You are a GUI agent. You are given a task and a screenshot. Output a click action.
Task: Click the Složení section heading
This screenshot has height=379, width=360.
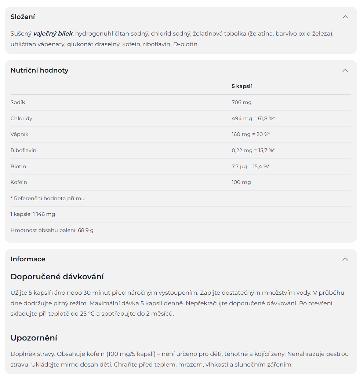click(23, 17)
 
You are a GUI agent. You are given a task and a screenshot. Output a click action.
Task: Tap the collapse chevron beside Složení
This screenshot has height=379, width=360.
click(345, 17)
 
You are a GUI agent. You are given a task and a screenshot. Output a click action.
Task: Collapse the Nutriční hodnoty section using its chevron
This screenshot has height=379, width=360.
click(345, 70)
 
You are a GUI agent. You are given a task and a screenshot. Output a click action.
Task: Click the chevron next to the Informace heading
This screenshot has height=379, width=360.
click(345, 259)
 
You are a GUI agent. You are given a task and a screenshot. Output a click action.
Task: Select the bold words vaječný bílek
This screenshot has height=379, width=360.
click(53, 34)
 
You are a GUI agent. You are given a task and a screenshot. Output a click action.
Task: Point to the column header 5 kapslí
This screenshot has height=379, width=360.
click(241, 87)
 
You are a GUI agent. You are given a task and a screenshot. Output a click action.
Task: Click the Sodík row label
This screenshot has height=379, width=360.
click(18, 102)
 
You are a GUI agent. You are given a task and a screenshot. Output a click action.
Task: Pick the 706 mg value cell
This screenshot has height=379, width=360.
click(241, 102)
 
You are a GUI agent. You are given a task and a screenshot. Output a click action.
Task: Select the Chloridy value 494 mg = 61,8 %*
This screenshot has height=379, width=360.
click(253, 118)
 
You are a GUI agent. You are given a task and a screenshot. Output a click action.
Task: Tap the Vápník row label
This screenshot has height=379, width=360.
click(19, 134)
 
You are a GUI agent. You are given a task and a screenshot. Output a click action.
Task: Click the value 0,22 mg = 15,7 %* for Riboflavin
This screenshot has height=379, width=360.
click(253, 150)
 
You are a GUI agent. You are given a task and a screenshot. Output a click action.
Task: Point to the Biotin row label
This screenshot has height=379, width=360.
click(18, 166)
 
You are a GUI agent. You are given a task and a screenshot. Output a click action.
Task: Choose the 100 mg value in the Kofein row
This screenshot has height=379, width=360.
click(241, 182)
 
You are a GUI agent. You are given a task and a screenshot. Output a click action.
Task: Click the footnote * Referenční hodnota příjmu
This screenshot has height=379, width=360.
click(48, 198)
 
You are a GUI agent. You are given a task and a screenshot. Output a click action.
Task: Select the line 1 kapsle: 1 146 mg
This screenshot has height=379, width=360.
click(33, 214)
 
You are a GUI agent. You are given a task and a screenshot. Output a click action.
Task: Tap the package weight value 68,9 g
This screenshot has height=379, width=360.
click(86, 230)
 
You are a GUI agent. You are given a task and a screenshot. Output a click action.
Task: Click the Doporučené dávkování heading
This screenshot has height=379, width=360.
click(57, 276)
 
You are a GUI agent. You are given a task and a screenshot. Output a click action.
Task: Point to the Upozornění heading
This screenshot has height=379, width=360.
click(34, 338)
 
